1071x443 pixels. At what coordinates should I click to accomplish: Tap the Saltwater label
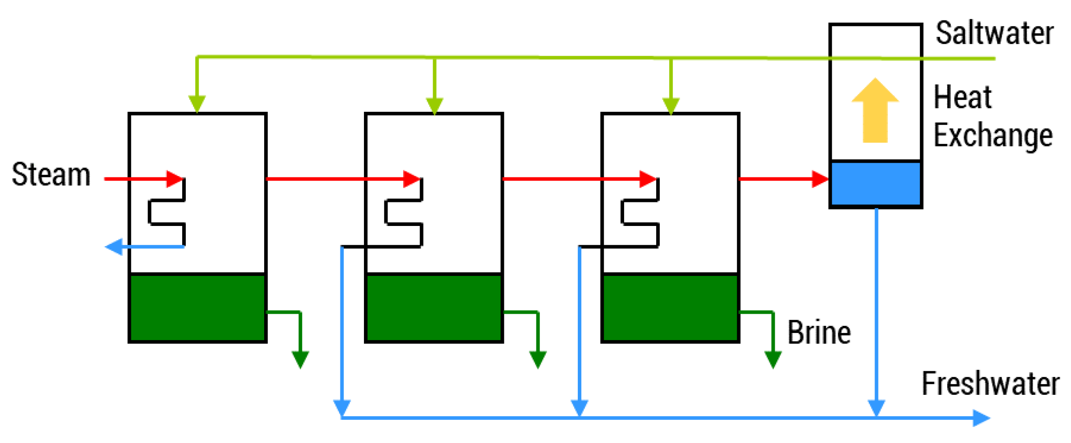tap(994, 33)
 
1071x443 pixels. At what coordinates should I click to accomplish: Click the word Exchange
tap(993, 135)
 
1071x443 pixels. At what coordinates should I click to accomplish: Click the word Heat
tap(962, 97)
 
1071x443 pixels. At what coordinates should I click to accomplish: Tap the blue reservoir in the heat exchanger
tap(875, 183)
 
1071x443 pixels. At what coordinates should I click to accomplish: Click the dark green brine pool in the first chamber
tap(197, 308)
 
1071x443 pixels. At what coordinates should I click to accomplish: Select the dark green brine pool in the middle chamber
tap(434, 308)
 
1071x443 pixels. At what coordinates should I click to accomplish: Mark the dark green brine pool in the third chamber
tap(670, 308)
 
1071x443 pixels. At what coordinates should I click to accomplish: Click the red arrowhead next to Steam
tap(175, 179)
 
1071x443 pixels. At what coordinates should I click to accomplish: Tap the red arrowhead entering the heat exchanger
tap(820, 179)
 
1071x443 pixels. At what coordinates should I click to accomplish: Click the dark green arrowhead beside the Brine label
tap(773, 359)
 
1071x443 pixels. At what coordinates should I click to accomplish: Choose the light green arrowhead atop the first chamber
tap(197, 104)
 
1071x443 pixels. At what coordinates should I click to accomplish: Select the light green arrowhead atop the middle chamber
tap(434, 106)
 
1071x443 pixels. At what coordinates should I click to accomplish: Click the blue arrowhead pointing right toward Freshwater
tap(981, 418)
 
